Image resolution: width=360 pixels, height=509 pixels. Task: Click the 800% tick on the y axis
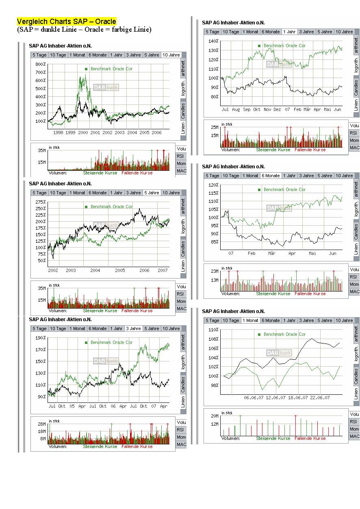[41, 64]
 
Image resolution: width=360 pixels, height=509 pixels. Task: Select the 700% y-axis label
[41, 72]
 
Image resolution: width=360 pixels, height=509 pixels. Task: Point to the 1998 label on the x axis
[58, 133]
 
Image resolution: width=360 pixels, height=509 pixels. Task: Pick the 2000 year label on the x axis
[83, 133]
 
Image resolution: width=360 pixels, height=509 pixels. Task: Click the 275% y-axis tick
[41, 202]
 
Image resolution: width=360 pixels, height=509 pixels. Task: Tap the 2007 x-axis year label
[163, 270]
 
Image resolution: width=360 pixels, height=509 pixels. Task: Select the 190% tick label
[41, 338]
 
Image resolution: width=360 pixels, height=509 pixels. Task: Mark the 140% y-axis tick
[214, 41]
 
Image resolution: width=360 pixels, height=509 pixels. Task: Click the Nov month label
[267, 110]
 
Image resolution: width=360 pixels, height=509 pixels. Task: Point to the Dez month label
[277, 110]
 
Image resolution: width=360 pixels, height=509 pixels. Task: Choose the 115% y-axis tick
[214, 193]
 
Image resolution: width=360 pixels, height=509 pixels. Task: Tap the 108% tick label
[214, 339]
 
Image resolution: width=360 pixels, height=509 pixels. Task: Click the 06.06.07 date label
[254, 398]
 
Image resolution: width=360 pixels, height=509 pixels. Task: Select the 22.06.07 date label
[320, 398]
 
